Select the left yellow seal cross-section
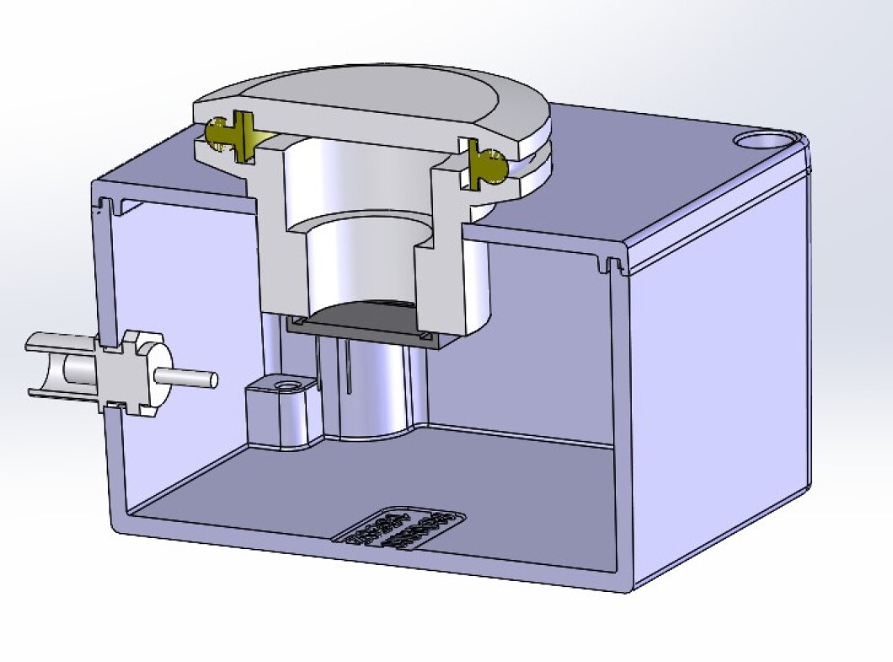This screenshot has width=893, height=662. (229, 135)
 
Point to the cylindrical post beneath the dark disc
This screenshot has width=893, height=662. (371, 388)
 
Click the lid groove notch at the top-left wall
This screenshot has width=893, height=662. (108, 205)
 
